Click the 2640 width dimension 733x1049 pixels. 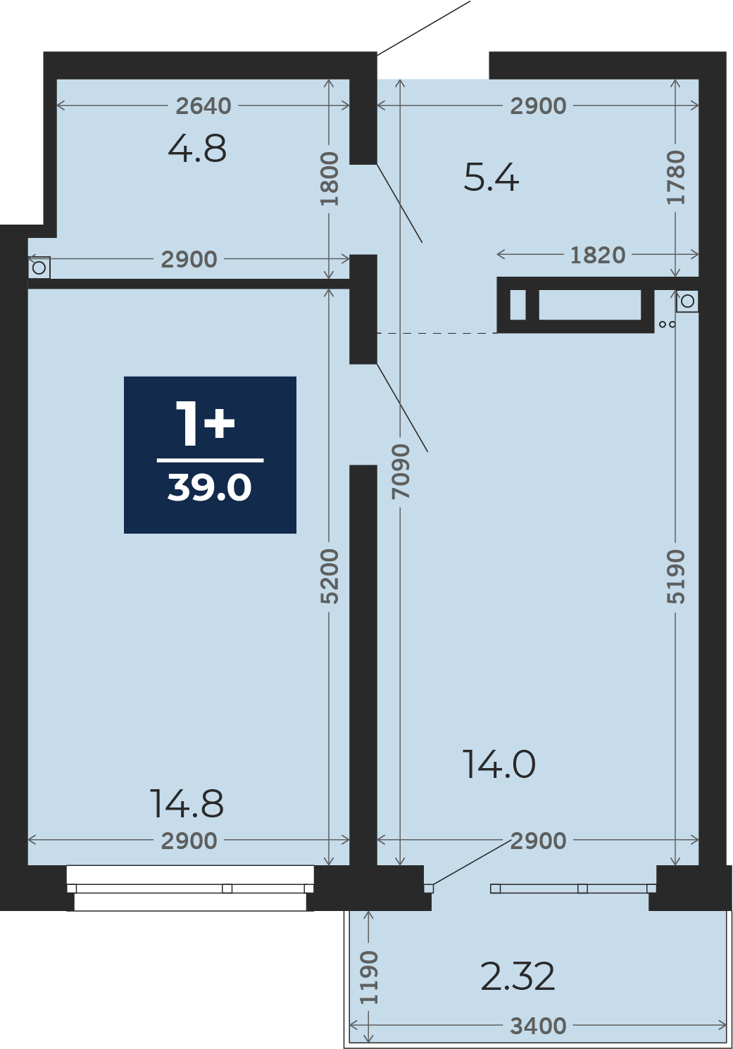click(x=203, y=106)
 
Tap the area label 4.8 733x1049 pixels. click(x=197, y=148)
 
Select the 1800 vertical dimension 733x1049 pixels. click(x=330, y=178)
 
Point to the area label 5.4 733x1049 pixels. click(x=491, y=177)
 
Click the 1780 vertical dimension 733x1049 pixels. click(x=675, y=177)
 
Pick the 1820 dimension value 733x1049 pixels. click(x=598, y=256)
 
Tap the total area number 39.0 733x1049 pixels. click(x=210, y=488)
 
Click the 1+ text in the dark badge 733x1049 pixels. click(x=205, y=423)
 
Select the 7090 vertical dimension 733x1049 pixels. click(x=401, y=471)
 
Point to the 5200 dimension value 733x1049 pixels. click(x=330, y=576)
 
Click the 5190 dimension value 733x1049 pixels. click(x=675, y=576)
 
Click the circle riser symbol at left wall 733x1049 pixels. click(x=39, y=268)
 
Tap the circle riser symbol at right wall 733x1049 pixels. click(x=687, y=301)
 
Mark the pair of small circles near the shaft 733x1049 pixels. click(x=668, y=324)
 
